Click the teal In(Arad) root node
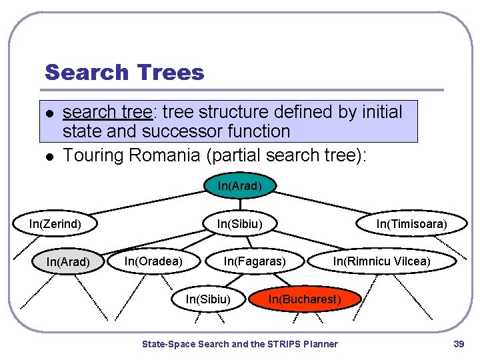[x=239, y=186]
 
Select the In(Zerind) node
[x=55, y=224]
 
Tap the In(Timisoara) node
[x=411, y=224]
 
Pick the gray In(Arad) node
[x=68, y=262]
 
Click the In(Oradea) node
[x=153, y=261]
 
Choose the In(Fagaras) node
[x=255, y=261]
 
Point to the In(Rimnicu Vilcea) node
[x=382, y=261]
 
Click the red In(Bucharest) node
[x=305, y=299]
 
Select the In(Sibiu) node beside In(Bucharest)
[x=208, y=299]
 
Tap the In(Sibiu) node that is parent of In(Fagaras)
[x=239, y=224]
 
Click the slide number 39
[x=458, y=344]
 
